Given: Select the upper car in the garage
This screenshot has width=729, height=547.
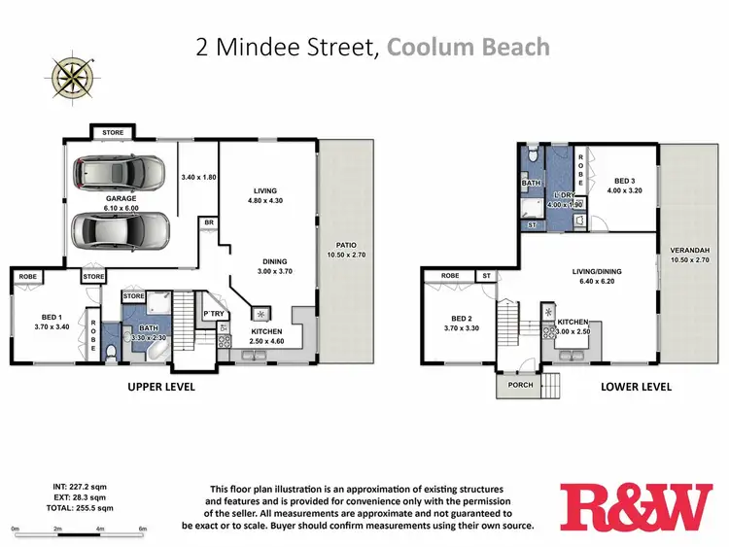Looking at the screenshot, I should coord(121,175).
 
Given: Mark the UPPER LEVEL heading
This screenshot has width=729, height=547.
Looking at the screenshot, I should coord(161,387).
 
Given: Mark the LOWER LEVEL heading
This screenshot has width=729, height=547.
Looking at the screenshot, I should coord(637,387).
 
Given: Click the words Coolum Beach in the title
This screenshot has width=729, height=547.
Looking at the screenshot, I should coord(469,46).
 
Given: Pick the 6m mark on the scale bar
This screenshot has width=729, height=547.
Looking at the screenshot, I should coord(143,529).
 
